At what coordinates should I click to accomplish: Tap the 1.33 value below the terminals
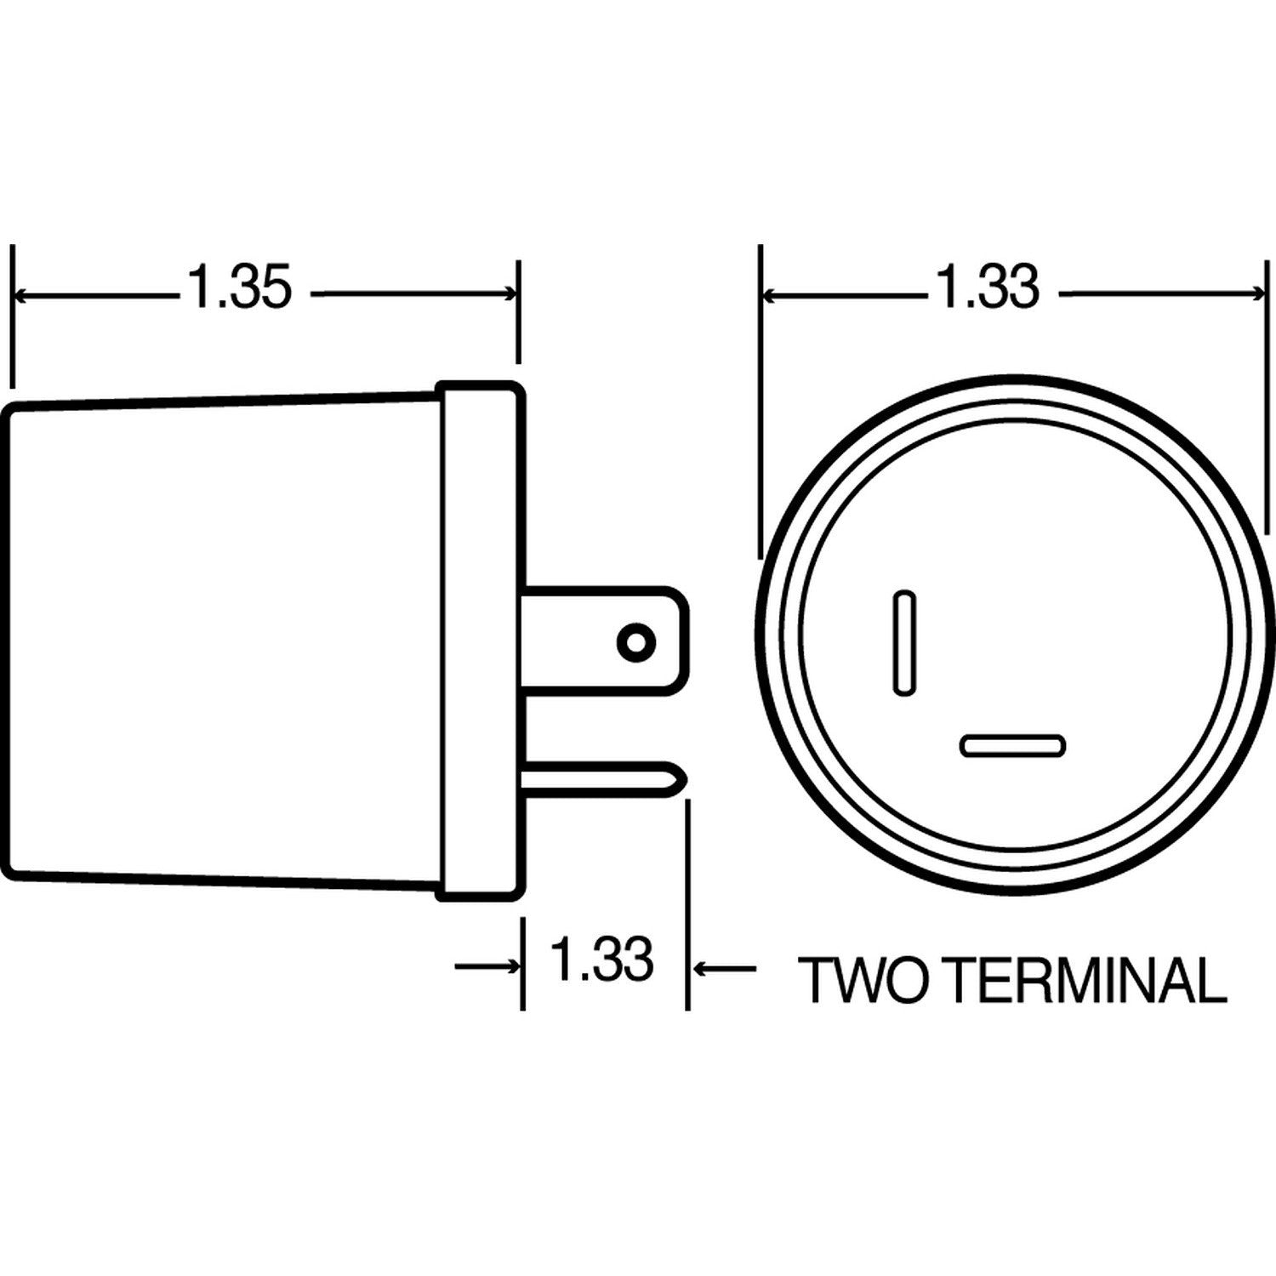(x=602, y=959)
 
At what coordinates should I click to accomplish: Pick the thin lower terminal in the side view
(x=595, y=779)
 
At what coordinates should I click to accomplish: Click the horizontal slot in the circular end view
(x=1012, y=746)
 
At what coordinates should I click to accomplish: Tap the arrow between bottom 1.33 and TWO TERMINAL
(x=706, y=967)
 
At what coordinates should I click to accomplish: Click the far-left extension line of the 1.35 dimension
(x=12, y=315)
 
